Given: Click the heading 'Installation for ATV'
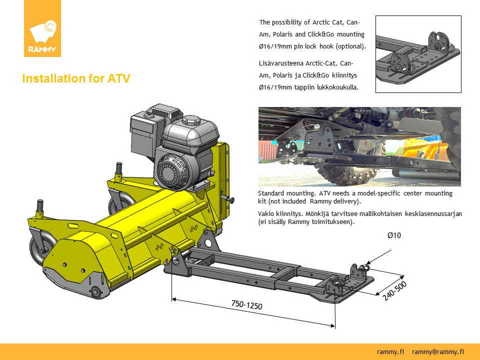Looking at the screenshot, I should click(x=76, y=79).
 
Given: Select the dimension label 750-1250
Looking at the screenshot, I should click(x=246, y=304).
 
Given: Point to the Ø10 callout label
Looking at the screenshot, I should click(x=394, y=235).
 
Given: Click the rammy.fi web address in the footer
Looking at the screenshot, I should click(x=391, y=351).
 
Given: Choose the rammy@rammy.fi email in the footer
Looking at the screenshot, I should click(x=437, y=351).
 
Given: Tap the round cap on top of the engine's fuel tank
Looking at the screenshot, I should click(x=191, y=120).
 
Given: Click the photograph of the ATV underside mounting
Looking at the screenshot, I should click(x=359, y=146).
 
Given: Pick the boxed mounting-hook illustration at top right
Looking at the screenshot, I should click(x=417, y=54).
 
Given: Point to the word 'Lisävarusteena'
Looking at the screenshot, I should click(x=281, y=63).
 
